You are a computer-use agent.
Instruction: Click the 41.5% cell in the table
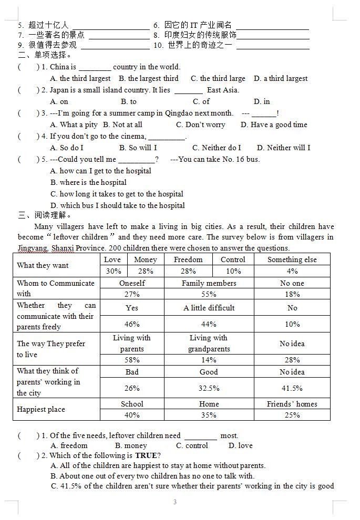click(x=292, y=388)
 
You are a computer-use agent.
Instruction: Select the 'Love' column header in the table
click(x=112, y=259)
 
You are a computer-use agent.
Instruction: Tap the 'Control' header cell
click(x=233, y=259)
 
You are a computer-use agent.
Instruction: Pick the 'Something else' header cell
click(x=292, y=259)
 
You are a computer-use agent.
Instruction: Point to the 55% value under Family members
click(x=209, y=294)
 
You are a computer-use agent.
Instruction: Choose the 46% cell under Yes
click(x=132, y=324)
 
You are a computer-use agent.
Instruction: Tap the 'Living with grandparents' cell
click(x=209, y=344)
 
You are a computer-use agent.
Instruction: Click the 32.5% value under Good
click(x=209, y=388)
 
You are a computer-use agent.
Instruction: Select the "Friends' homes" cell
click(x=292, y=404)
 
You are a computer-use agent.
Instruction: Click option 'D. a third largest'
click(x=280, y=78)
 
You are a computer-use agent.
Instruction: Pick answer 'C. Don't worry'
click(x=200, y=124)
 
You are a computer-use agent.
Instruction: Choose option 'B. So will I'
click(x=138, y=148)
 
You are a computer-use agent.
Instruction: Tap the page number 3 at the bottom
click(x=175, y=502)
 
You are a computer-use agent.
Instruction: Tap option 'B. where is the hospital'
click(x=88, y=182)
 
